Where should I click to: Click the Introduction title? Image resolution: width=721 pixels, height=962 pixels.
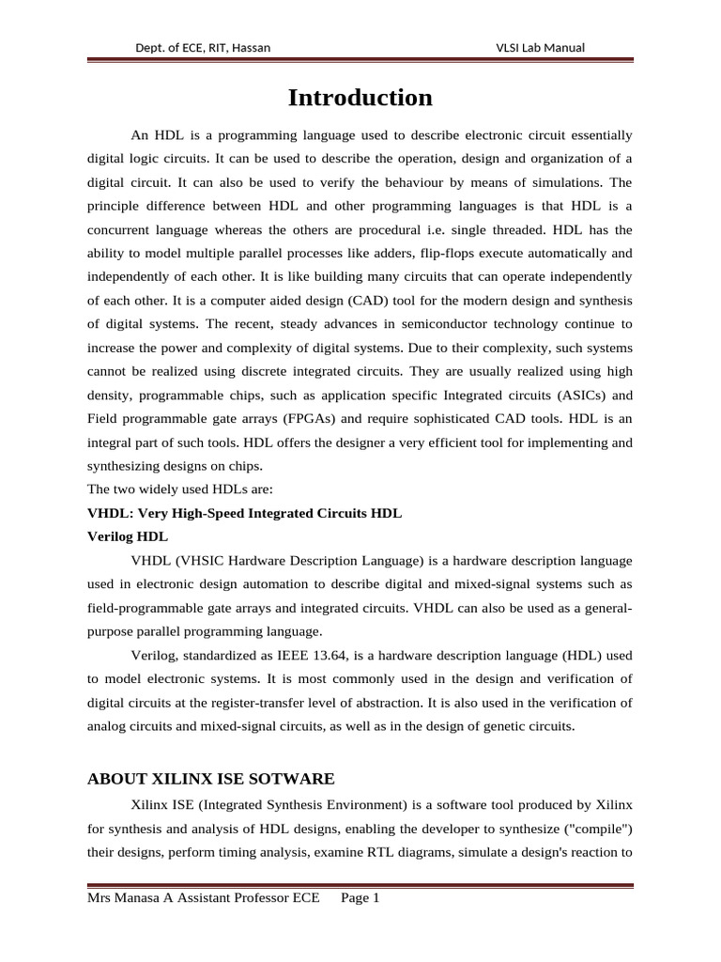(x=360, y=98)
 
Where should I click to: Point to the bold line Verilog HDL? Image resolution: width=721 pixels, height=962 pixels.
(x=128, y=536)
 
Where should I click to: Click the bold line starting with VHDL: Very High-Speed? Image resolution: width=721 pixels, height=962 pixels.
(x=244, y=513)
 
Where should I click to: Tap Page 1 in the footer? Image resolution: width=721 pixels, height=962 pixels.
(x=360, y=898)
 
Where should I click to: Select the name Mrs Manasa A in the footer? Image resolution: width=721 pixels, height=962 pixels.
(x=127, y=898)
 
